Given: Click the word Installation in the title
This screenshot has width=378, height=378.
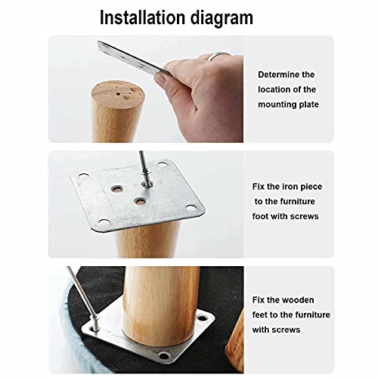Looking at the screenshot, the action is click(142, 17).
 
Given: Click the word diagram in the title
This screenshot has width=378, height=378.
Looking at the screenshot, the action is click(222, 19).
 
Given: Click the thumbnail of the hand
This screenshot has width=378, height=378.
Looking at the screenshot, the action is click(161, 79).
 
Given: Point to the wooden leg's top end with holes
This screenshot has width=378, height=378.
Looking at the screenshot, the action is click(118, 94).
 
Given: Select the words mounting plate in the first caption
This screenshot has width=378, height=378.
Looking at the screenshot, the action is click(288, 104).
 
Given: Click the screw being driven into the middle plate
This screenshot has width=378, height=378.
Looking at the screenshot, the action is click(146, 178).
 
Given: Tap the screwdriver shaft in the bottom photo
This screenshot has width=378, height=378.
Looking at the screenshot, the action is click(81, 292).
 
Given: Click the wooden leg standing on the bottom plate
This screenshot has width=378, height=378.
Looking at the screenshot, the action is click(160, 305).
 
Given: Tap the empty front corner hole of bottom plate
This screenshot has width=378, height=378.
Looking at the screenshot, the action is click(164, 356).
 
